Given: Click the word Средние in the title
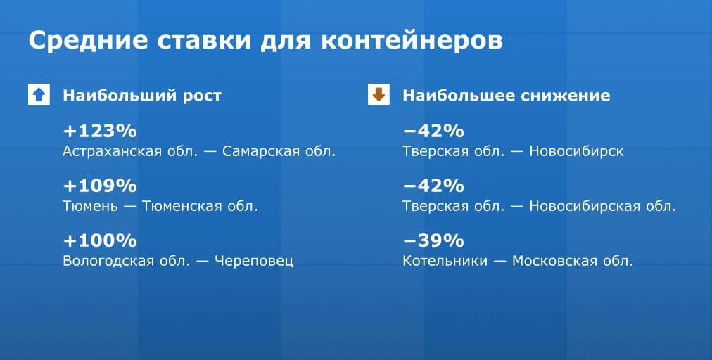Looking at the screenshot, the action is [88, 40].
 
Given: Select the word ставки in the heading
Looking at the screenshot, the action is [204, 40].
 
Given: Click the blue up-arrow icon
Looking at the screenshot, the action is [39, 94].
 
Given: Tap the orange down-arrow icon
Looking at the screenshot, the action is [379, 94].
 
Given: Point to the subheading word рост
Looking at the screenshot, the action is [202, 96].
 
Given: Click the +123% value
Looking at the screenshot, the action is [100, 131].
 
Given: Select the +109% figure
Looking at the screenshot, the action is [100, 186].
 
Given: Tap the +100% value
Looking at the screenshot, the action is [100, 240].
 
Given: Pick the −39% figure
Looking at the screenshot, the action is [433, 240].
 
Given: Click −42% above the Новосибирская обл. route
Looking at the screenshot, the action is [433, 186].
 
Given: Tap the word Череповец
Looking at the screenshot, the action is [254, 261].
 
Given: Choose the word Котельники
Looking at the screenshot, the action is [445, 261].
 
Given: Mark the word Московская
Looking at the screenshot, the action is [554, 261].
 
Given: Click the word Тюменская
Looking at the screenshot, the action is [181, 206].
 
